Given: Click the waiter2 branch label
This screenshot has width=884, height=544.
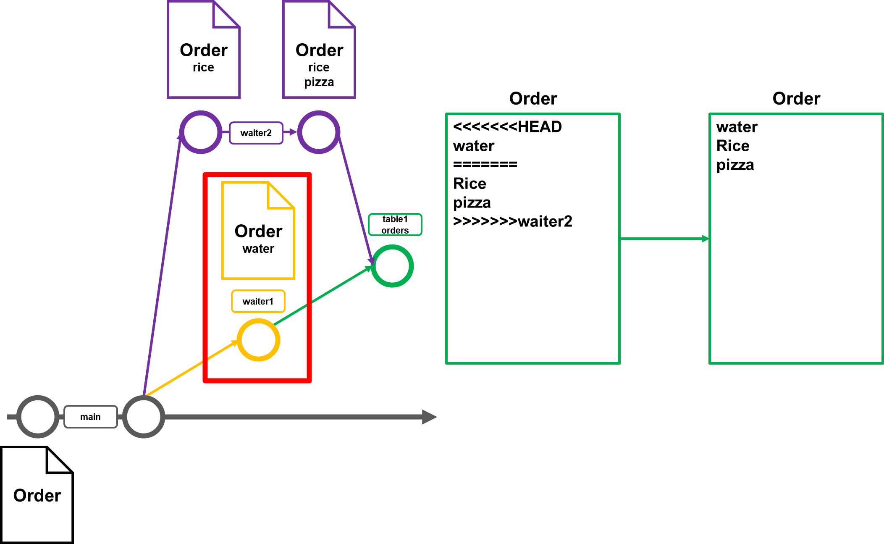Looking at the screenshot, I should [256, 133].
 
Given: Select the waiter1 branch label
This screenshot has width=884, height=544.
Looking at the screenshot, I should [258, 301].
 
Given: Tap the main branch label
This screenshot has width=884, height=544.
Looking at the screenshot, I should [90, 417].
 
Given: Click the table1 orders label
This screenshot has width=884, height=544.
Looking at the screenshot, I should [395, 225].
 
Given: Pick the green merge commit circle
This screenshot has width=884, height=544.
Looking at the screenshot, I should [392, 266].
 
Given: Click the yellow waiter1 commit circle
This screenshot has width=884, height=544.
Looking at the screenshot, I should [258, 340].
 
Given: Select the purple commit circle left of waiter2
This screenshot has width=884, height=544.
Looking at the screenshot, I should [201, 132].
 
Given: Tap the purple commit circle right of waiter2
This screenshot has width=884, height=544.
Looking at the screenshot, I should [319, 132].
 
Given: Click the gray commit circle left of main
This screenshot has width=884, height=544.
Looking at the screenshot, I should [38, 417].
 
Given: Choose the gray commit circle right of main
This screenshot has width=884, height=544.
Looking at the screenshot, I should [144, 417].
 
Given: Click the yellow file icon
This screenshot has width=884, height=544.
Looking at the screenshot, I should [258, 230].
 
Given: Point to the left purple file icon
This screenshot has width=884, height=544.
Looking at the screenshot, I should [203, 50].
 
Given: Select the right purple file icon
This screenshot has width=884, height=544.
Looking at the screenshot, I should [319, 50].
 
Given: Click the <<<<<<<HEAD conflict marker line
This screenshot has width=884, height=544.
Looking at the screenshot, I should [507, 127].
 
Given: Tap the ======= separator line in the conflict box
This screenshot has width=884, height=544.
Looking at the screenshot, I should [485, 165].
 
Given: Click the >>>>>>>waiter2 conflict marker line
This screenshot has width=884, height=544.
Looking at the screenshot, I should [512, 221].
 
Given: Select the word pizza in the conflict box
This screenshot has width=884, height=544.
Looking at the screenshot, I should [472, 202].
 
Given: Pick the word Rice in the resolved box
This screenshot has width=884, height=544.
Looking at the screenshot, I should [733, 146].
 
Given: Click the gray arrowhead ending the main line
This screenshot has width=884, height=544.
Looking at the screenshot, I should [429, 417].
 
